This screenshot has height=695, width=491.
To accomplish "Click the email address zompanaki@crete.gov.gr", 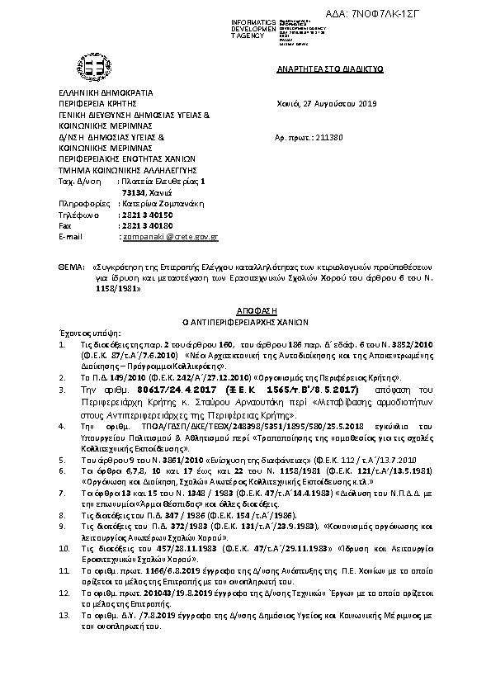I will pos(169,237).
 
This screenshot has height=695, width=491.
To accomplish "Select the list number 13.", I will pos(63,616).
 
